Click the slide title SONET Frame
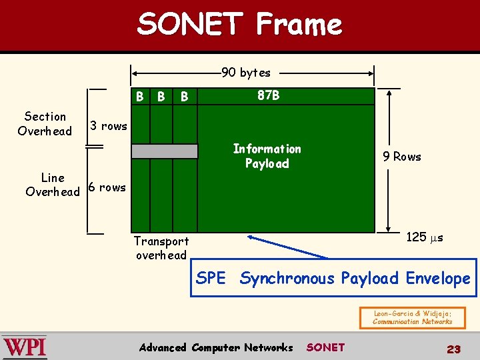coord(239,25)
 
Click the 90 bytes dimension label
coord(246,72)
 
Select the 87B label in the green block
coord(269,95)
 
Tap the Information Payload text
coord(267,156)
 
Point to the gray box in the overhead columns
coord(164,151)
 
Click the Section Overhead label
coord(45,123)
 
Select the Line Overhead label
coord(52,185)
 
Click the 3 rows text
coord(108,126)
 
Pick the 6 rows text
coord(107,187)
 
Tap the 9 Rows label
coord(401,157)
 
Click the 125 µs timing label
coord(425,237)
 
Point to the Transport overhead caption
coord(161,248)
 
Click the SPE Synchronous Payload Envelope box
coord(333,278)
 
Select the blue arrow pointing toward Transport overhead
coord(287,246)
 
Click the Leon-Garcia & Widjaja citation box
coord(411,317)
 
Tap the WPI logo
coord(25,347)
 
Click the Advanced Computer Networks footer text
coord(215,347)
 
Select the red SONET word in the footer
coord(325,347)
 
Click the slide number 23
coord(454,349)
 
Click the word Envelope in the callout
coord(437,278)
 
